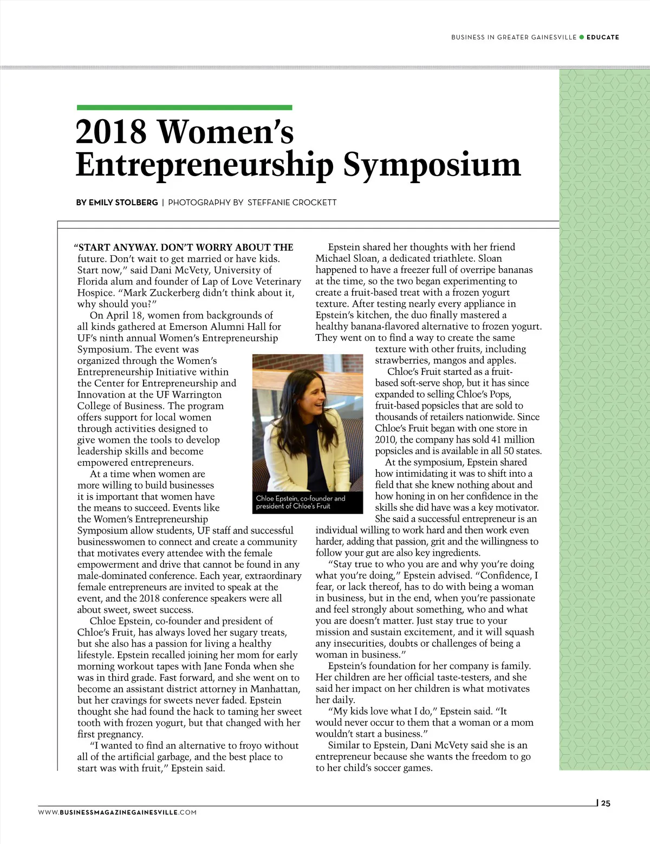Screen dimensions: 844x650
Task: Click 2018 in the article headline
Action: tap(111, 132)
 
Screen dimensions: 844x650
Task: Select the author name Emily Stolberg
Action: tap(123, 203)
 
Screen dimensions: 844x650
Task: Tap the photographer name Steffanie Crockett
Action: tap(292, 203)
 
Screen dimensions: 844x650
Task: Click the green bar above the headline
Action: tap(184, 108)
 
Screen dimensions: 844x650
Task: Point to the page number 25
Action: tap(606, 803)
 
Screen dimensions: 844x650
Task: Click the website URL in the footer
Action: tap(117, 812)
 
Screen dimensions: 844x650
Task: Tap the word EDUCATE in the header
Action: tap(602, 37)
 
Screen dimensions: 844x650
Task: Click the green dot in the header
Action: tap(582, 37)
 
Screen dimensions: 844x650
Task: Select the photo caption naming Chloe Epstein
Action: tap(301, 502)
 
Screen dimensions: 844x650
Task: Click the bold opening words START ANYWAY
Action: tap(116, 248)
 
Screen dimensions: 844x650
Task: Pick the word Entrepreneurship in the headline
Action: tap(204, 164)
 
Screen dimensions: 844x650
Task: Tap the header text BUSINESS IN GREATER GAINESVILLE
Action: tap(513, 37)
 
